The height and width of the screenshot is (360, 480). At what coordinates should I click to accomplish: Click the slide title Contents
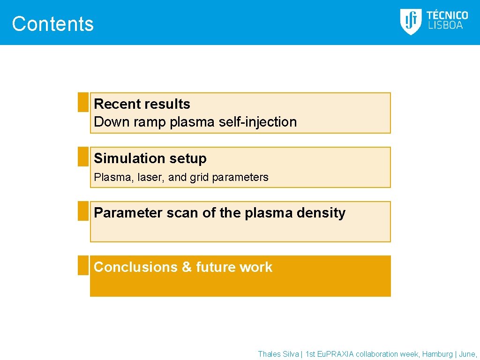(x=52, y=24)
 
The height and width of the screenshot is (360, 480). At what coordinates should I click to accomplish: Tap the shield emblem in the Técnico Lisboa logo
(x=411, y=22)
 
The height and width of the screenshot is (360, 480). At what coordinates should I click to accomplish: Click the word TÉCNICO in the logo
(x=447, y=15)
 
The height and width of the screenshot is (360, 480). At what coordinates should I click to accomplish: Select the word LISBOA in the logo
(x=445, y=26)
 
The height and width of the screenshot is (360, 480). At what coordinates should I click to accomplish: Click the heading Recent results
(x=142, y=104)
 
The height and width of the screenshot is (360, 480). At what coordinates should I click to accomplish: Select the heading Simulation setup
(x=150, y=158)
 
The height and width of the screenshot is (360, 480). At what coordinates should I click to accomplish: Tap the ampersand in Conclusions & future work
(x=187, y=267)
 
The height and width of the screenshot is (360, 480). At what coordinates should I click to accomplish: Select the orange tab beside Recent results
(x=83, y=102)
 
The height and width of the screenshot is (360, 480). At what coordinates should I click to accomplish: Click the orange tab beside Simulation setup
(x=83, y=157)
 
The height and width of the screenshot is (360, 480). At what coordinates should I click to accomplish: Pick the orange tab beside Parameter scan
(x=83, y=211)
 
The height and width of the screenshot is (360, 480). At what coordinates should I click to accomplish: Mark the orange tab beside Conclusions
(x=83, y=265)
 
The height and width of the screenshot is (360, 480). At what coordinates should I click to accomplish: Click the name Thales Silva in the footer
(x=278, y=354)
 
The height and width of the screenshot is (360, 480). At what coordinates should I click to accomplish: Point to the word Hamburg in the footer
(x=437, y=354)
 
